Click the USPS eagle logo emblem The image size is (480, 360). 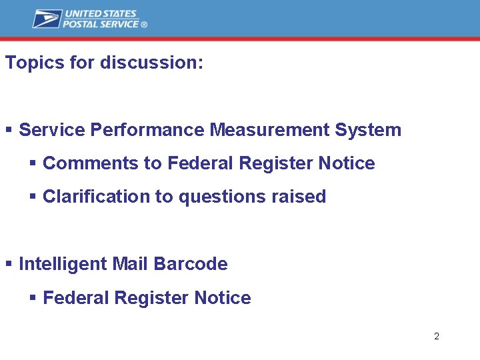pos(47,19)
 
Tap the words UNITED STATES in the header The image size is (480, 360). pos(100,14)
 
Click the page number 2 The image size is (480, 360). pos(437,336)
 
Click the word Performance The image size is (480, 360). pos(147,130)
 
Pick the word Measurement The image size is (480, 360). pos(270,130)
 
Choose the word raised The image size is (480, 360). pos(299,197)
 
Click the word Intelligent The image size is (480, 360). pos(63,264)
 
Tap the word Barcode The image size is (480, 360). pos(191,264)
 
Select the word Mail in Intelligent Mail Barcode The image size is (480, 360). pos(130,264)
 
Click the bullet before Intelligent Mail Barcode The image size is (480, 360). pos(9,264)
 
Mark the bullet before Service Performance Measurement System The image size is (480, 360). pos(9,130)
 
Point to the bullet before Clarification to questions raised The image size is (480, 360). pos(33,197)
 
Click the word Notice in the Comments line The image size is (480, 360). pos(347,163)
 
